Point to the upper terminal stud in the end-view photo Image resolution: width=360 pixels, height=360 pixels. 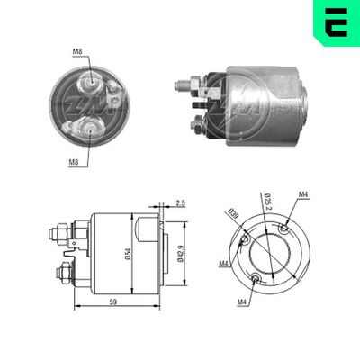(91, 82)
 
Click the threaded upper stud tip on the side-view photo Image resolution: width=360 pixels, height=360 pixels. (180, 85)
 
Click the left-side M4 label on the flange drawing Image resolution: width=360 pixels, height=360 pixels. (222, 264)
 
